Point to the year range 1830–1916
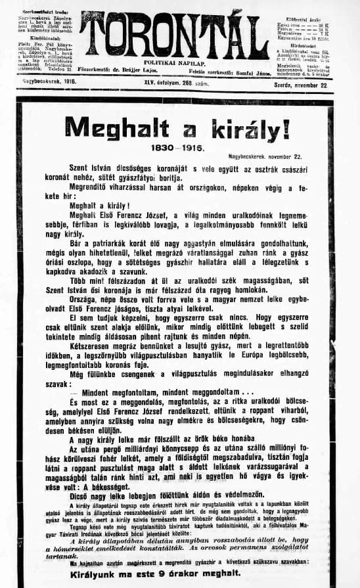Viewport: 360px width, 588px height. click(179, 148)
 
